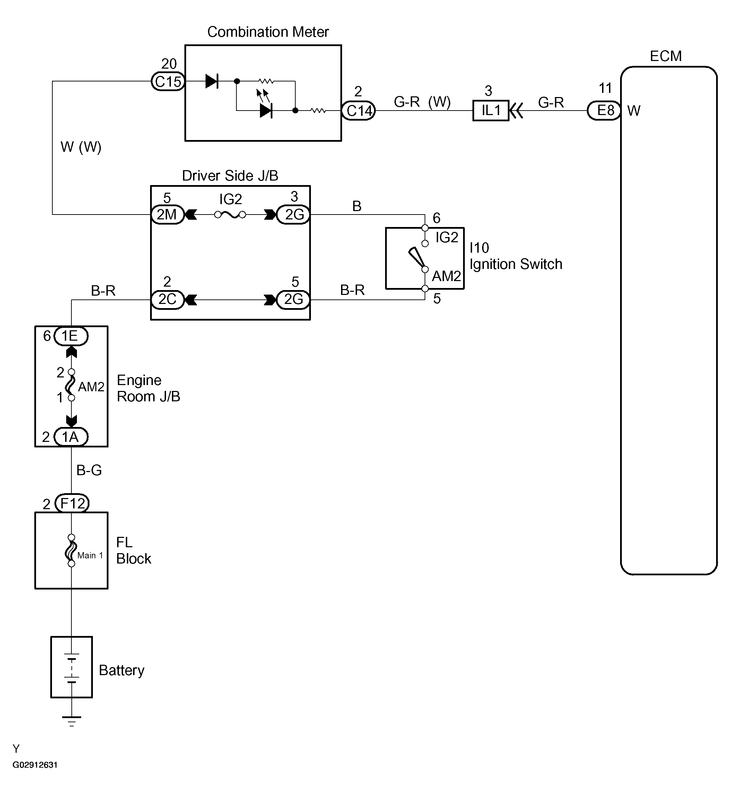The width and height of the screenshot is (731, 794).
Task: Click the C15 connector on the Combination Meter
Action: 168,81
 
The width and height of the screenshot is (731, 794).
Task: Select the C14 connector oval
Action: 358,110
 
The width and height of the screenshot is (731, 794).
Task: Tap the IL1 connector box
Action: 490,110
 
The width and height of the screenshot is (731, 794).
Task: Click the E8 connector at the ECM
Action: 604,110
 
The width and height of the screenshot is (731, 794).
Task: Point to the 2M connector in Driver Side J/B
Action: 168,215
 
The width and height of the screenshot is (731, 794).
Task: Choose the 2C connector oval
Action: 168,299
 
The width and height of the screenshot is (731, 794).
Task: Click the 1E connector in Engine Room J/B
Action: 71,336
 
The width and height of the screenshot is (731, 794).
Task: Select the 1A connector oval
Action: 71,437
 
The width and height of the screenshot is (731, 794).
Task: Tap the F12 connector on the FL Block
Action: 72,503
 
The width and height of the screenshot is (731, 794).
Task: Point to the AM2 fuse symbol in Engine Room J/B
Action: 71,385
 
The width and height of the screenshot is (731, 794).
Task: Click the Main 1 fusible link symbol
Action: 71,550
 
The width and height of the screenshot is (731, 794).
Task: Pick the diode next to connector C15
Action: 212,81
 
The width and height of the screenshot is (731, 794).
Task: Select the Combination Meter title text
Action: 268,32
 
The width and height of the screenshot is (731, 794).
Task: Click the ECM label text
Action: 666,56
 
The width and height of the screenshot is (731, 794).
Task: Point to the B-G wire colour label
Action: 89,470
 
